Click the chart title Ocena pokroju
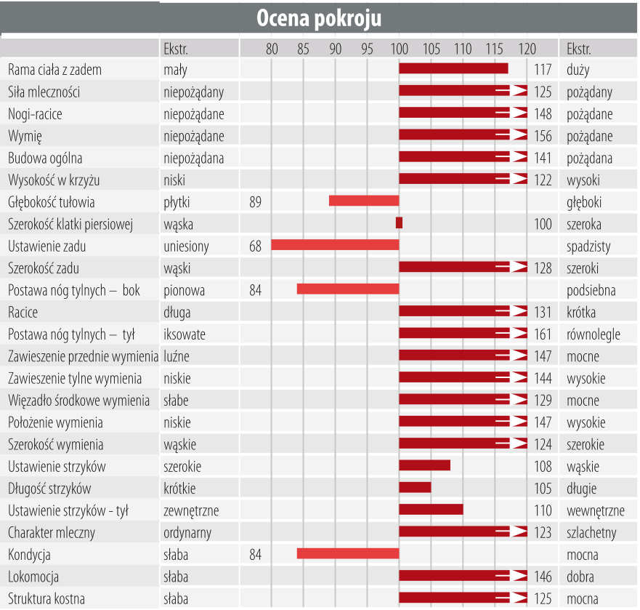319,18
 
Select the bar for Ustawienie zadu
335,245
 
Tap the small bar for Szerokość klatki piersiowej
399,223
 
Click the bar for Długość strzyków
415,488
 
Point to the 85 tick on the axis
303,49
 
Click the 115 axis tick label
495,49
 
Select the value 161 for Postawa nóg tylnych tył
543,334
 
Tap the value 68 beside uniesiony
255,246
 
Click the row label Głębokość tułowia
51,202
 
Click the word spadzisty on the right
588,246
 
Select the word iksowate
185,334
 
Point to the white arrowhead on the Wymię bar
518,135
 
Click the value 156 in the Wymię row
543,136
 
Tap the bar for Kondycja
348,554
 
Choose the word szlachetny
591,532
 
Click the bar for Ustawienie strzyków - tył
431,510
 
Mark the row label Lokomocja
33,577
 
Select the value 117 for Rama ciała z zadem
543,70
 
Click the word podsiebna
591,290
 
